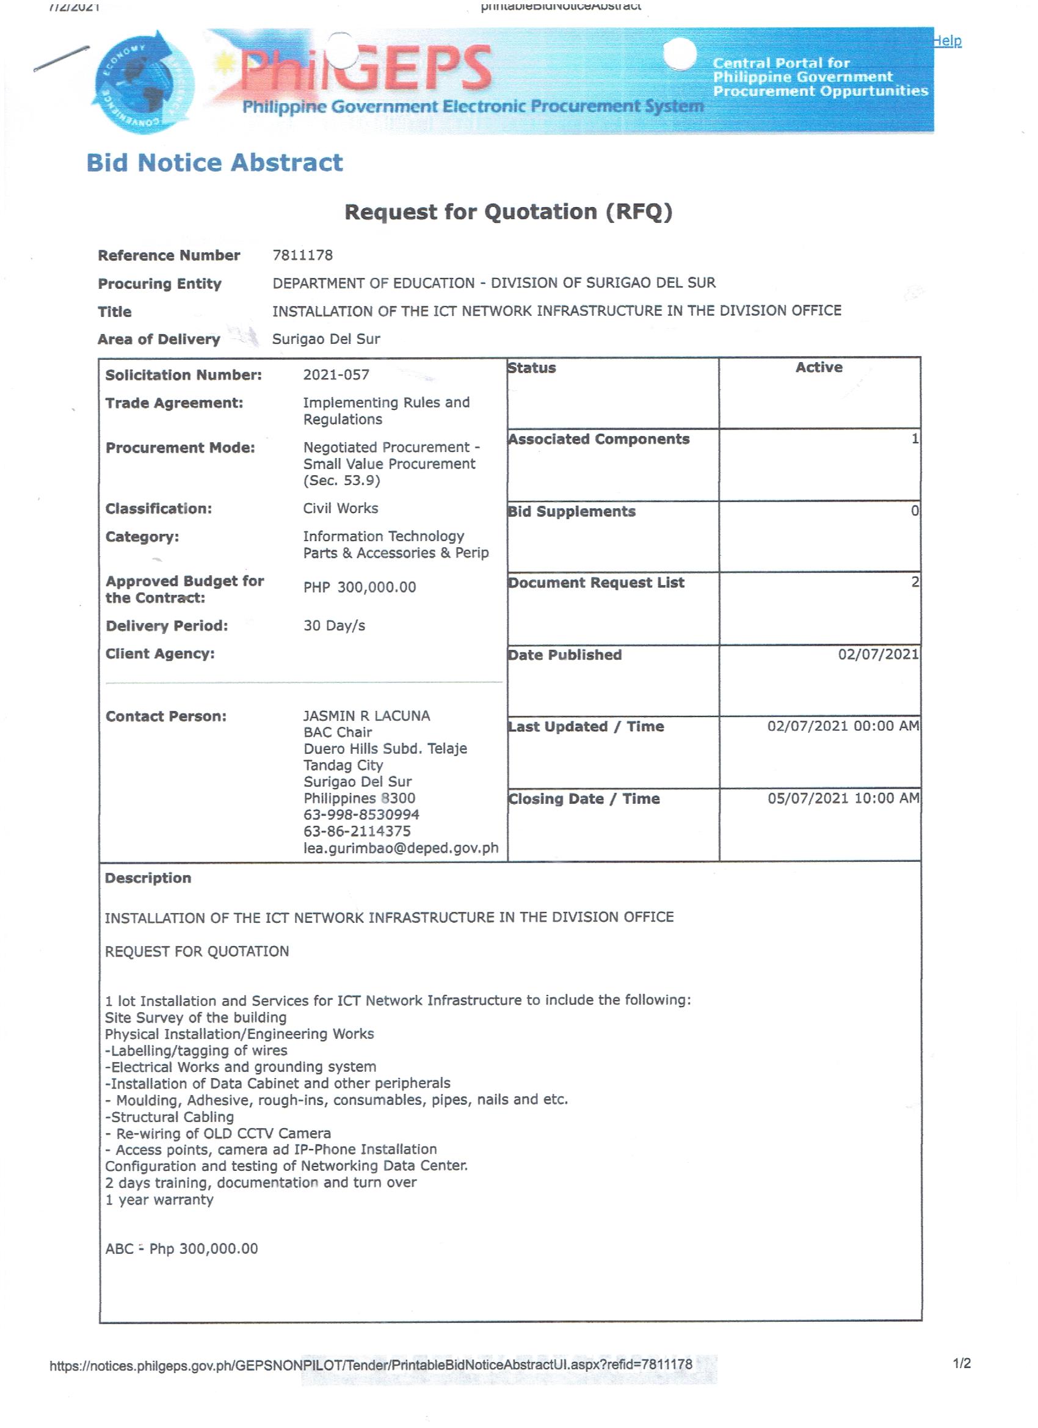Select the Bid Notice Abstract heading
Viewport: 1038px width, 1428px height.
(x=215, y=162)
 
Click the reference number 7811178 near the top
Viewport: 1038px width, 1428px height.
(x=302, y=255)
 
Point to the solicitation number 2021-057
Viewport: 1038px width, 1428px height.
(x=336, y=374)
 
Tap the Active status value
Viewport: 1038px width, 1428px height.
(x=818, y=367)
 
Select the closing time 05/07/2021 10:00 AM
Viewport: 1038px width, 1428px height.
(x=843, y=798)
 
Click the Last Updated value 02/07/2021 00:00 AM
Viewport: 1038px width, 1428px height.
(x=843, y=726)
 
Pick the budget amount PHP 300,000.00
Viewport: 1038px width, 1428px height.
(x=360, y=587)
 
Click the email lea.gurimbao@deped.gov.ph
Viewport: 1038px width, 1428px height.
(x=401, y=848)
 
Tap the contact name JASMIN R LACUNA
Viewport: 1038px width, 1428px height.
(x=366, y=715)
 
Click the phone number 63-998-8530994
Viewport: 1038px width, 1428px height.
(x=361, y=814)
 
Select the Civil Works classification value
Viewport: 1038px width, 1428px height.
(x=341, y=508)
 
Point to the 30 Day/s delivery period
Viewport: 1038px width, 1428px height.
(x=334, y=625)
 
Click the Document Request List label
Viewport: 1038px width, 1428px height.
(x=596, y=583)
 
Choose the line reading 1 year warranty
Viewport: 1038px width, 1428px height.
(x=159, y=1200)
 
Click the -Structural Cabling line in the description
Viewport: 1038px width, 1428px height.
(x=169, y=1117)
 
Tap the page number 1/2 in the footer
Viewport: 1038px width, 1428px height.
(x=961, y=1363)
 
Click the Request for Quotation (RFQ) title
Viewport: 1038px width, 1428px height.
(x=509, y=211)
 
